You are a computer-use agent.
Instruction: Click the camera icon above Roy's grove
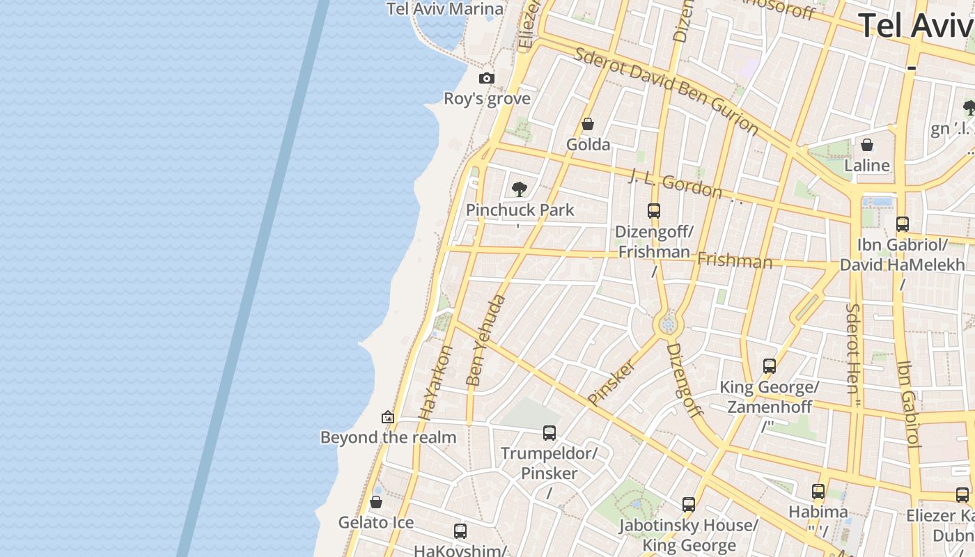pyautogui.click(x=487, y=79)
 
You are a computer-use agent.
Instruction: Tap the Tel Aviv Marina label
pyautogui.click(x=445, y=9)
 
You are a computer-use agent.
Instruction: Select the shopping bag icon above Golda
pyautogui.click(x=588, y=125)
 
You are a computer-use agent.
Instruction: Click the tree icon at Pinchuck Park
pyautogui.click(x=519, y=189)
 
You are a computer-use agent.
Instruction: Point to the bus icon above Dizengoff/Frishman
pyautogui.click(x=653, y=210)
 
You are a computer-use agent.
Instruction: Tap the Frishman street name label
pyautogui.click(x=735, y=261)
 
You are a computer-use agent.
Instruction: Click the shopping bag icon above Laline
pyautogui.click(x=867, y=145)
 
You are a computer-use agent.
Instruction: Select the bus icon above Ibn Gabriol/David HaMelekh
pyautogui.click(x=903, y=223)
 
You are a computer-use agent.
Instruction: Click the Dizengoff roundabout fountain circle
pyautogui.click(x=668, y=324)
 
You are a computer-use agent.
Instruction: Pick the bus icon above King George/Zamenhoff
pyautogui.click(x=770, y=366)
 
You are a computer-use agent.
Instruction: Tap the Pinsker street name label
pyautogui.click(x=612, y=382)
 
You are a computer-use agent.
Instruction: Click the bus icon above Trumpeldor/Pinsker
pyautogui.click(x=549, y=433)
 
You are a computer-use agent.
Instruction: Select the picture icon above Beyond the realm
pyautogui.click(x=388, y=417)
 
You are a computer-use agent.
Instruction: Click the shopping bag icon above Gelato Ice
pyautogui.click(x=376, y=502)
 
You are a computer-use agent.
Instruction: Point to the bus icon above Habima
pyautogui.click(x=818, y=492)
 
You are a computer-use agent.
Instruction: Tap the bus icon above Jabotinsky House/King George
pyautogui.click(x=689, y=505)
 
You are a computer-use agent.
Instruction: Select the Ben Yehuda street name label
pyautogui.click(x=485, y=340)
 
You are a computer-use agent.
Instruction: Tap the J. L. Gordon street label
pyautogui.click(x=676, y=182)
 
